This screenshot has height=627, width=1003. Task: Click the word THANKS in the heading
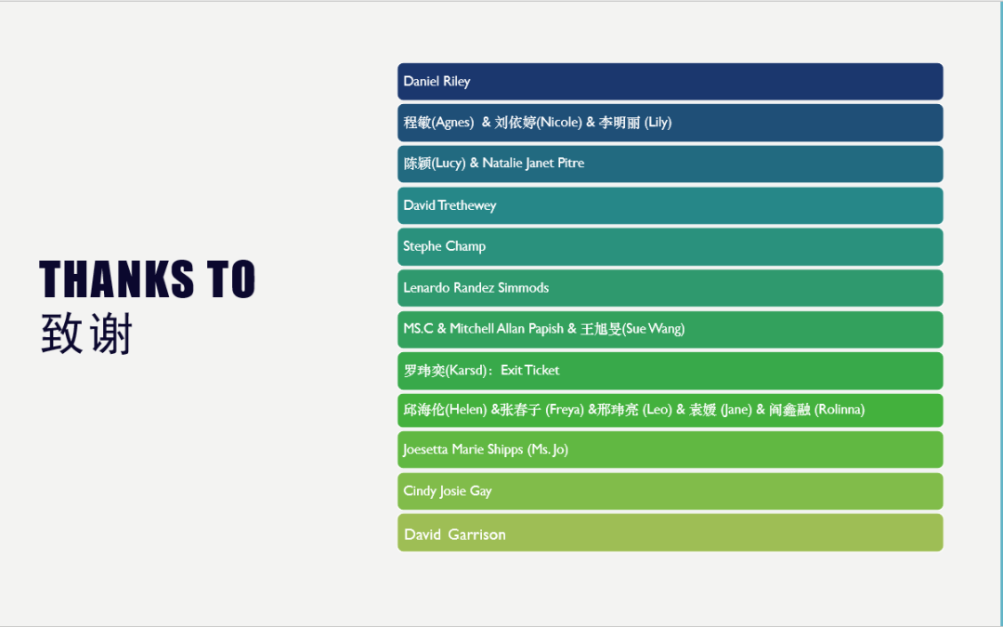[x=116, y=279]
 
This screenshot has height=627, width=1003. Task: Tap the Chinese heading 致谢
[x=86, y=333]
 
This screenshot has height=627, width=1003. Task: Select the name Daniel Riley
[x=436, y=81]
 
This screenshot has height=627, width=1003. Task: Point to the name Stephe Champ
[x=445, y=246]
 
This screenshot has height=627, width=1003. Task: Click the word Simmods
[x=523, y=288]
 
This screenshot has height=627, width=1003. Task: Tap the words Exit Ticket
[x=529, y=371]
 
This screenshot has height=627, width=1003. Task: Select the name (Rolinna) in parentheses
[x=840, y=411]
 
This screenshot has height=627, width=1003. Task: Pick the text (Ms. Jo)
[x=548, y=450]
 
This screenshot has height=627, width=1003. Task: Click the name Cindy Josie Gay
[x=448, y=491]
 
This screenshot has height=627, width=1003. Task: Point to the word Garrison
[x=477, y=534]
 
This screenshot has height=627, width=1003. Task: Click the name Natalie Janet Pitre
[x=533, y=163]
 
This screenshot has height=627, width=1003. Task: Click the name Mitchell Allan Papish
[x=507, y=329]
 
